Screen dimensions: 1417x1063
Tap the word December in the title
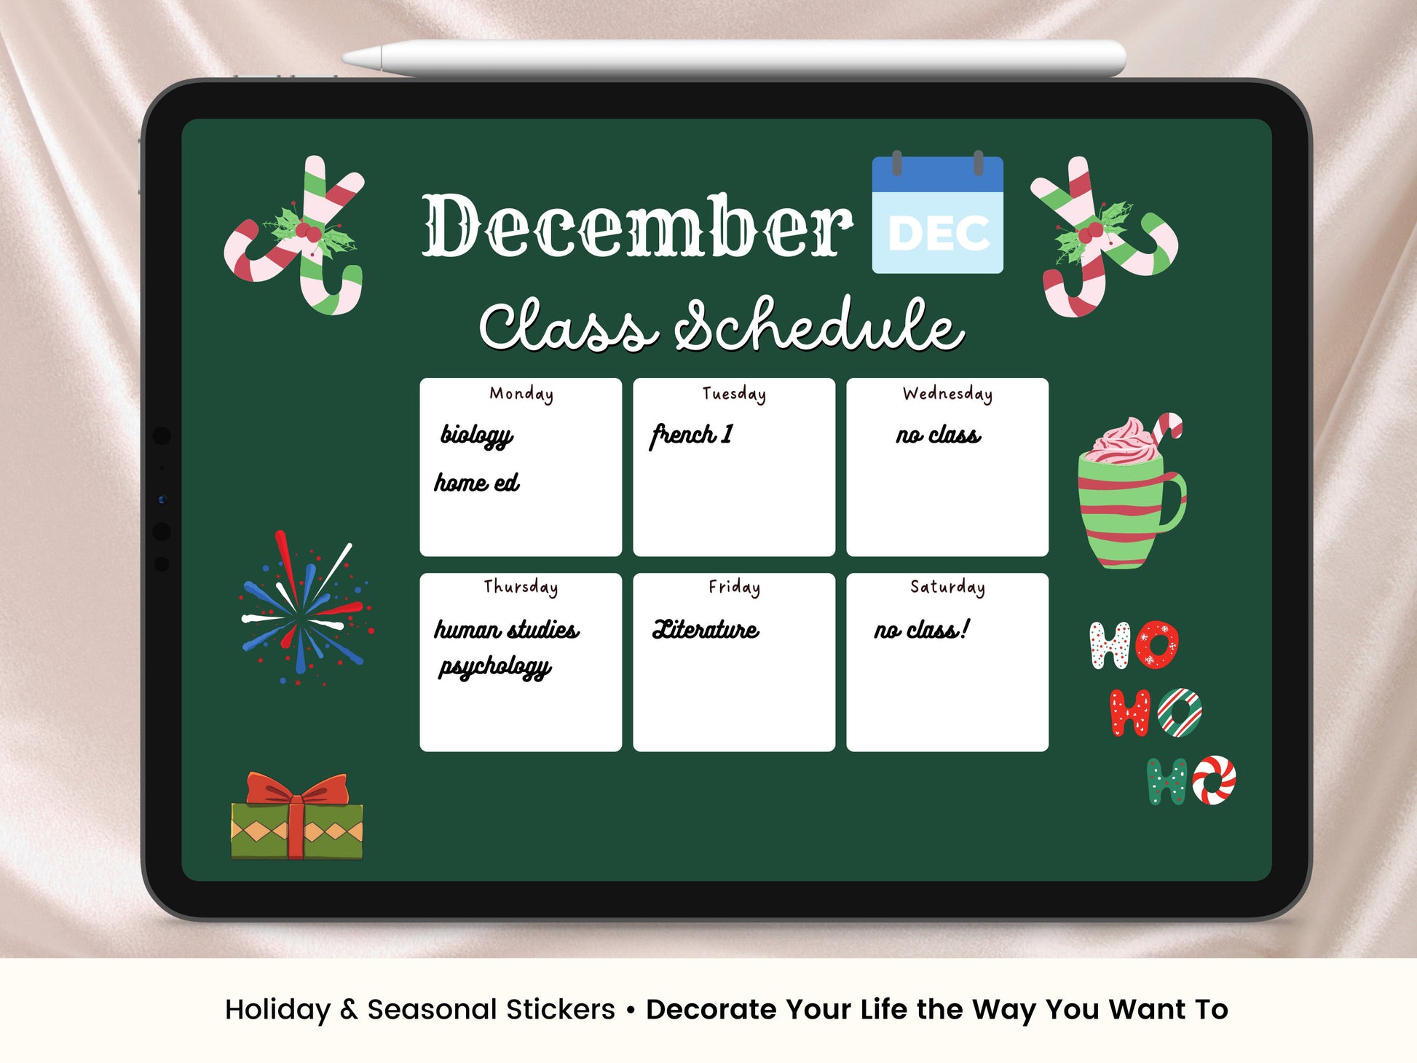tap(637, 226)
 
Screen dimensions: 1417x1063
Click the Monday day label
tap(521, 394)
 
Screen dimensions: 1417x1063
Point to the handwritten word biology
tap(477, 435)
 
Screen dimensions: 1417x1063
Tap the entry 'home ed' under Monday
tap(477, 482)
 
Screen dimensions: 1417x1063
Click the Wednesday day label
tap(947, 394)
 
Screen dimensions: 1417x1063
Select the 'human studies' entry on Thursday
tap(507, 629)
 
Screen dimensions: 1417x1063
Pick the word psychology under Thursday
tap(495, 667)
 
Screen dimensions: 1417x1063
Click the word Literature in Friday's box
tap(706, 629)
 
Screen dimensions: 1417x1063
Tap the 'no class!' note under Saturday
tap(922, 629)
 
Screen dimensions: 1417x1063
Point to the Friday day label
tap(734, 587)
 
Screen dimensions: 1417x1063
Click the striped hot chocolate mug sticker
tap(1131, 491)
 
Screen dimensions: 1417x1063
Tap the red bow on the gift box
tap(298, 789)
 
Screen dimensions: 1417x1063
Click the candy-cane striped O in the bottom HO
tap(1213, 781)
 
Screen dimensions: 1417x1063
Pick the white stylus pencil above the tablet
tap(734, 58)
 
